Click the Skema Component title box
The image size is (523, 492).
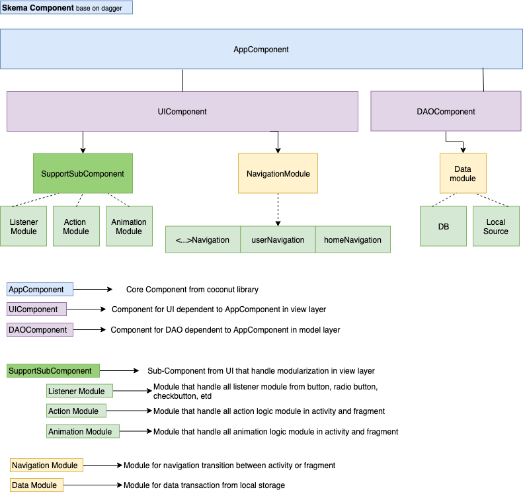click(x=67, y=7)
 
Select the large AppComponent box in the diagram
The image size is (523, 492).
click(x=261, y=50)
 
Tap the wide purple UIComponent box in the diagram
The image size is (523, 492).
click(x=182, y=111)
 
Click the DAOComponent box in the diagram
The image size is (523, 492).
click(x=446, y=111)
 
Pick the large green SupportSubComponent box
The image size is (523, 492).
click(x=83, y=173)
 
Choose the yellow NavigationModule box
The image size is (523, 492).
click(x=278, y=173)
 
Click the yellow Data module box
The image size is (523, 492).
click(x=463, y=173)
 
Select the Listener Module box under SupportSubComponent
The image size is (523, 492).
click(x=24, y=226)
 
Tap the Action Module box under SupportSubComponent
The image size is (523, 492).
click(x=76, y=226)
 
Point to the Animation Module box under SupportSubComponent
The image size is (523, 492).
click(x=129, y=226)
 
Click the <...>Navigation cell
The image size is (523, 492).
click(x=202, y=239)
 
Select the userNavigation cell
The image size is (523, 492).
click(x=278, y=239)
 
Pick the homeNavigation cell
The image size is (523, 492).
click(x=352, y=239)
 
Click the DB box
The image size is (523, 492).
click(x=443, y=226)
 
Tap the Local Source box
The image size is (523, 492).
click(x=496, y=226)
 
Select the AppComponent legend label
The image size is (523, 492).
click(x=40, y=290)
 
